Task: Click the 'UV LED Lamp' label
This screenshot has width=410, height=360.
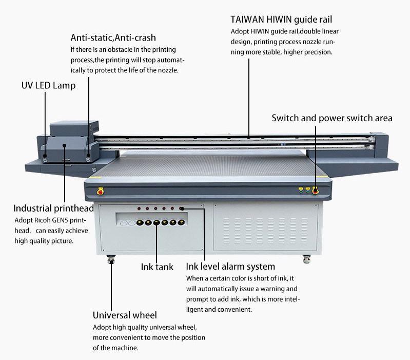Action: [x=48, y=86]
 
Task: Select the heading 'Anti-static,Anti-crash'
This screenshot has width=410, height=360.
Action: [x=113, y=37]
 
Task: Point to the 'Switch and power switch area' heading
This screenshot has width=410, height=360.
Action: [x=331, y=118]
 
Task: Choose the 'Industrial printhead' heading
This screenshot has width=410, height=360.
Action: [x=53, y=209]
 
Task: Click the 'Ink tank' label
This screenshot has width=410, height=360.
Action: [x=157, y=267]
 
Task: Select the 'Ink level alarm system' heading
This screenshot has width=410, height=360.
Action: [x=230, y=267]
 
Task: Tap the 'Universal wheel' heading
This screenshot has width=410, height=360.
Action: [x=125, y=315]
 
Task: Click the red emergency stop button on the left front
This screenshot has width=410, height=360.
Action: [x=100, y=192]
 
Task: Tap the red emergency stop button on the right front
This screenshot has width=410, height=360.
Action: [x=315, y=191]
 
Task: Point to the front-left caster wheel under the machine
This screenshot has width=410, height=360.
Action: [x=110, y=260]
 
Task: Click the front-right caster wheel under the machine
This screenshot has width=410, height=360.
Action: [x=306, y=258]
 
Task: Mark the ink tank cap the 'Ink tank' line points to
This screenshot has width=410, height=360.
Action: [x=156, y=223]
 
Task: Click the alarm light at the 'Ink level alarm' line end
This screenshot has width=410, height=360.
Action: [x=181, y=209]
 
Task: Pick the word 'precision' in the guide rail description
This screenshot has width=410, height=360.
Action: [x=317, y=52]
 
